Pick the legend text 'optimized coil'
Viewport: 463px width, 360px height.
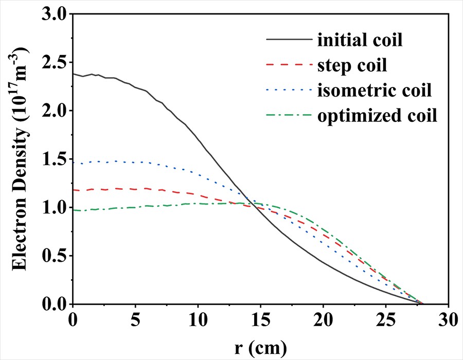pyautogui.click(x=377, y=116)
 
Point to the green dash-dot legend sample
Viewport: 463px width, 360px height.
pyautogui.click(x=289, y=116)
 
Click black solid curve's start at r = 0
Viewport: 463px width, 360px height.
pyautogui.click(x=74, y=74)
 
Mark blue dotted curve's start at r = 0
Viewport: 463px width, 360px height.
pyautogui.click(x=74, y=163)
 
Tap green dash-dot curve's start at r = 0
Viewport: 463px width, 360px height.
pyautogui.click(x=74, y=210)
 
